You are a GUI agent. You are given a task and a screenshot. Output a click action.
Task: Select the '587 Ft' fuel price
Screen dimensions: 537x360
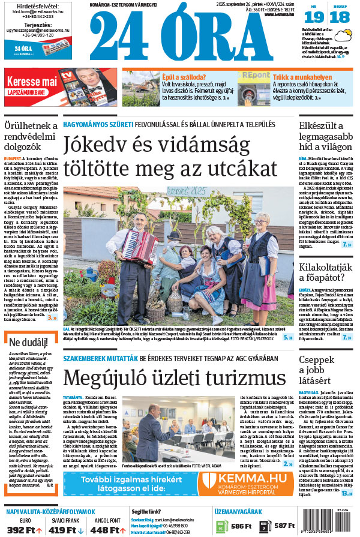tap(284, 526)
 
